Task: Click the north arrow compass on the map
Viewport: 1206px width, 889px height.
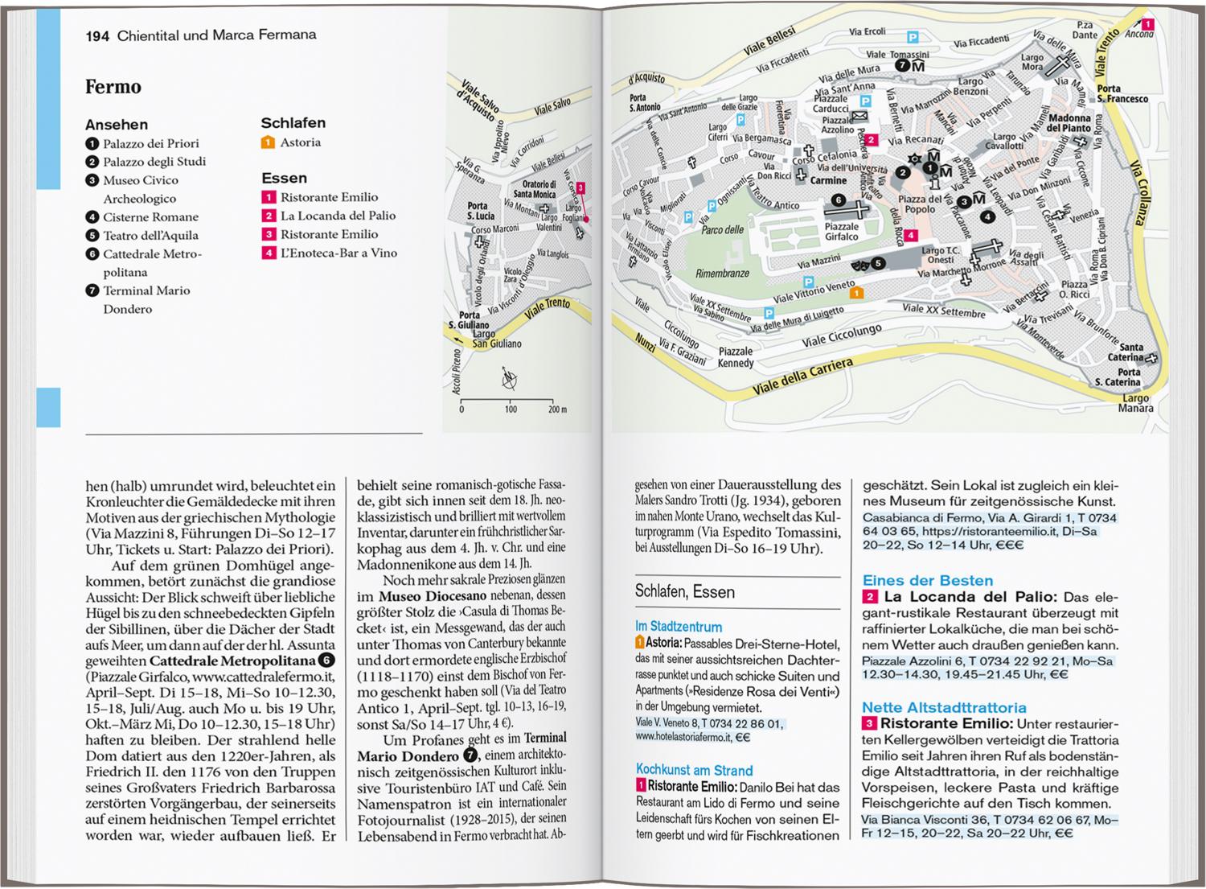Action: pos(509,377)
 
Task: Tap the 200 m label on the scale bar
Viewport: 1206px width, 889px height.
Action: pos(557,410)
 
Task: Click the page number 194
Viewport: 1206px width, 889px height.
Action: pos(97,35)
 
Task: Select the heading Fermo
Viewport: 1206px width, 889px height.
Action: pos(113,87)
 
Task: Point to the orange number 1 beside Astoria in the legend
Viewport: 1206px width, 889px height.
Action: pos(268,143)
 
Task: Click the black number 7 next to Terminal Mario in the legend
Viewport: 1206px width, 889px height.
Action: pos(92,290)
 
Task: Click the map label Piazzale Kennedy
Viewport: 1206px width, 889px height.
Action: pos(736,357)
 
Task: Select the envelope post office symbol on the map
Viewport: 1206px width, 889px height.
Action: pos(860,117)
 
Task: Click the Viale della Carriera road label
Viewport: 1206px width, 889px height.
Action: pos(802,377)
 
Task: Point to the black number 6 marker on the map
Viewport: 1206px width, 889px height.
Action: pos(838,200)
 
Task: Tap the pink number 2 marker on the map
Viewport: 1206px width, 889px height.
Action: pos(872,140)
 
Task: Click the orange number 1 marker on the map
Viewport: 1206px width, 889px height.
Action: pos(857,293)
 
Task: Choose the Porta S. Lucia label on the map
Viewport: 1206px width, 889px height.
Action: pos(480,211)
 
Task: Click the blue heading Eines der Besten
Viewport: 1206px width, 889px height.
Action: pos(927,580)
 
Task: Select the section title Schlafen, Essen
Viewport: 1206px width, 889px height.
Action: pos(684,592)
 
